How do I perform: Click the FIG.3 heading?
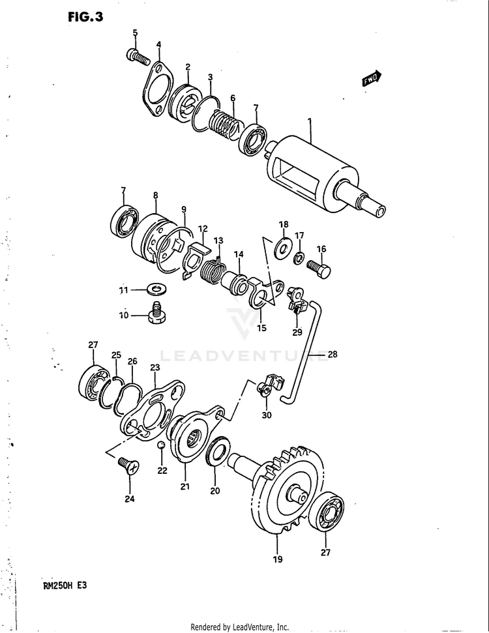tap(85, 18)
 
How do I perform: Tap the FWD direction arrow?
tap(372, 79)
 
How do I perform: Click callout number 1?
tap(310, 122)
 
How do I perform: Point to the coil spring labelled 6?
tap(226, 124)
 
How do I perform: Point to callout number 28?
tap(332, 355)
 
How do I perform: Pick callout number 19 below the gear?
tap(277, 559)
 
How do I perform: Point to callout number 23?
tap(155, 368)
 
